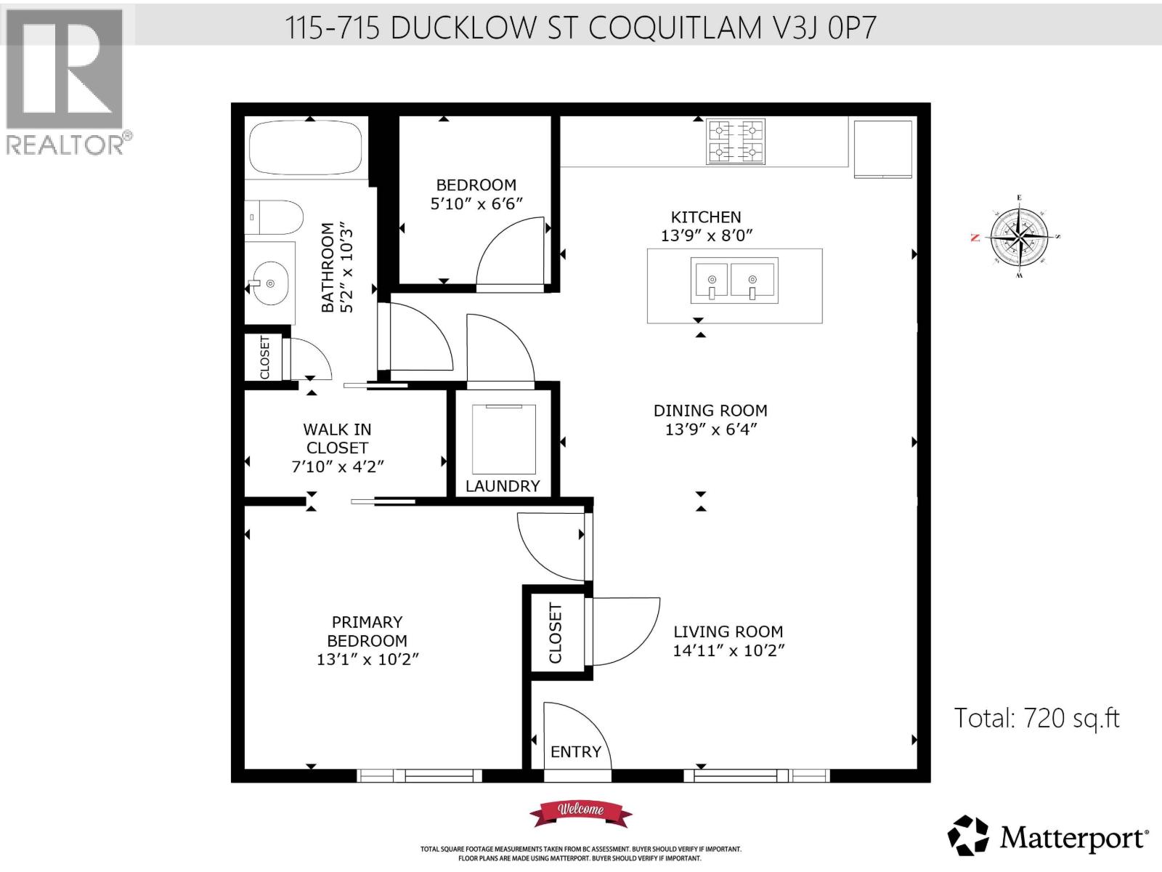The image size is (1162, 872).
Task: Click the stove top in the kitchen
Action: pyautogui.click(x=736, y=141)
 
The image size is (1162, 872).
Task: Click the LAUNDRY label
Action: pyautogui.click(x=503, y=486)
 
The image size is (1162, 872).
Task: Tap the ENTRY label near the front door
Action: pyautogui.click(x=575, y=751)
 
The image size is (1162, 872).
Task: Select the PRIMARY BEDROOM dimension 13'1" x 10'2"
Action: pyautogui.click(x=367, y=660)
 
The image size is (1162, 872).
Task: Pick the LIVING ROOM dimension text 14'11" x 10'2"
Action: pyautogui.click(x=728, y=651)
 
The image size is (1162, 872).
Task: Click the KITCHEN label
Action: pyautogui.click(x=706, y=217)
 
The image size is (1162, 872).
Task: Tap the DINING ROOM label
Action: pyautogui.click(x=710, y=411)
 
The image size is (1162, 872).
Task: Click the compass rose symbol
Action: pyautogui.click(x=1019, y=238)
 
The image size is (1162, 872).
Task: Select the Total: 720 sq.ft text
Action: pyautogui.click(x=1036, y=718)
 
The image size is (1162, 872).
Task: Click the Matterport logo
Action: pyautogui.click(x=1048, y=836)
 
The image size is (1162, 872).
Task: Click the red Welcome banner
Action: pyautogui.click(x=580, y=810)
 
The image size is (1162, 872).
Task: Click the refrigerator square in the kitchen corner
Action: pyautogui.click(x=882, y=148)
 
